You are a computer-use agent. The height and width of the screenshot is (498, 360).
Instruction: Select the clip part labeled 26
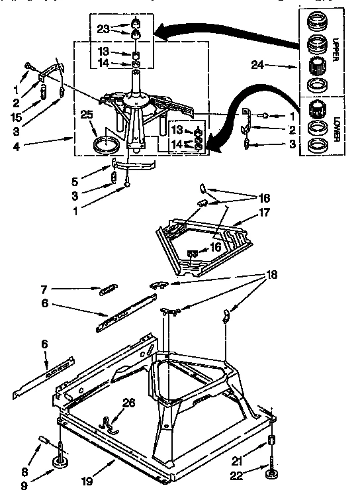108,422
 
